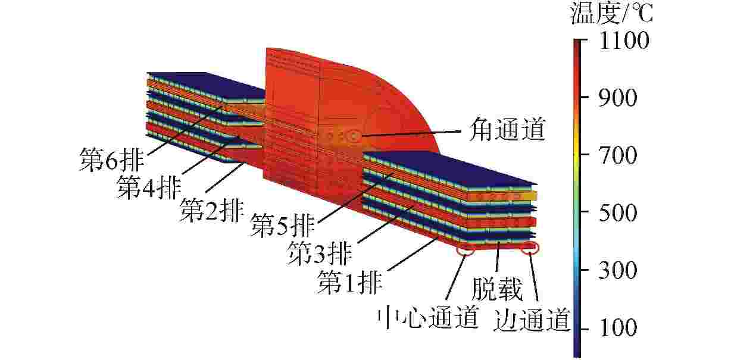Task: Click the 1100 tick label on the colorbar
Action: tap(624, 41)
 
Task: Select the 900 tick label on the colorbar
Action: tap(618, 98)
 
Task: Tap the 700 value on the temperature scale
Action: tap(618, 155)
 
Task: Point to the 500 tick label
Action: tap(618, 213)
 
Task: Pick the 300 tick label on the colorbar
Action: tap(618, 270)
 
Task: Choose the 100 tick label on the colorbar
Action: tap(618, 327)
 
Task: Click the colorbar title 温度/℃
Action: tap(611, 13)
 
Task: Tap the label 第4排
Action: tap(149, 187)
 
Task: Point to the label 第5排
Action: tap(283, 225)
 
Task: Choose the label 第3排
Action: tap(320, 253)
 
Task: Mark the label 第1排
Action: tap(349, 281)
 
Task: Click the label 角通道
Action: tap(507, 129)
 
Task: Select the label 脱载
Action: tap(497, 289)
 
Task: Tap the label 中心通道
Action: tap(427, 317)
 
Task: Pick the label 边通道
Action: tap(532, 320)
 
